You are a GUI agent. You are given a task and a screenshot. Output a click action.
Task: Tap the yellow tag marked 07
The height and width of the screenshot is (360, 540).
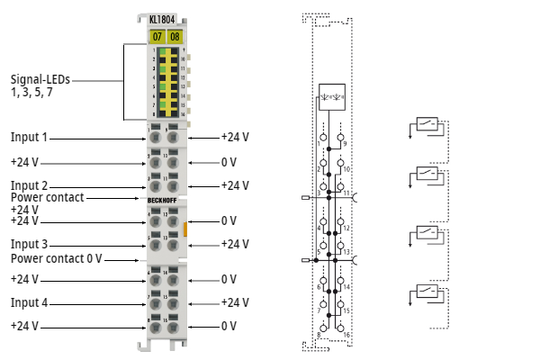pos(157,37)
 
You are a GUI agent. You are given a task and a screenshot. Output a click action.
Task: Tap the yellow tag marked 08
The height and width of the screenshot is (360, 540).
pos(175,37)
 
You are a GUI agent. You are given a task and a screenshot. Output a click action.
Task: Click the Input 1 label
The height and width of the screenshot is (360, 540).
pos(29,138)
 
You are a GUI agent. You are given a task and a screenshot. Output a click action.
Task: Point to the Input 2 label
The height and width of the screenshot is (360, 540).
pos(29,185)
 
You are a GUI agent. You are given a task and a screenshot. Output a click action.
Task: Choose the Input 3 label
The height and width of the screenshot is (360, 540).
pos(29,244)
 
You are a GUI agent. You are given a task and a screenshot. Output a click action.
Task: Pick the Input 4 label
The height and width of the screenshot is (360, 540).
pos(29,302)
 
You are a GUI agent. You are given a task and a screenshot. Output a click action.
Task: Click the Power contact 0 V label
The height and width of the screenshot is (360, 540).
pos(57,258)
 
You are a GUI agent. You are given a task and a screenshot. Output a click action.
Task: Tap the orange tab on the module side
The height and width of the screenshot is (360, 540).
pos(185,231)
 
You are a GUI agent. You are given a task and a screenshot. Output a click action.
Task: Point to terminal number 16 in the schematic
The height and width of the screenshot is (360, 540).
pos(346,335)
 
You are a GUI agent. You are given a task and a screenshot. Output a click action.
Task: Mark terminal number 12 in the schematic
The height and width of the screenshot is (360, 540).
pos(346,229)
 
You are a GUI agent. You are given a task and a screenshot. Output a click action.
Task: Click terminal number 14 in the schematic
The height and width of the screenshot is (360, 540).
pos(346,287)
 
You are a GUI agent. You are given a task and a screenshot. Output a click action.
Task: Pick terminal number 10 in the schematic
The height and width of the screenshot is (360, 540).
pos(346,169)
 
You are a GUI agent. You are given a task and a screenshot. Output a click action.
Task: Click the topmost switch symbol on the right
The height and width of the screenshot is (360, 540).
pos(428,124)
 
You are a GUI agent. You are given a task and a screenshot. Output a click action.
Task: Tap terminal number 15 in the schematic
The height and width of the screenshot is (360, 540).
pos(346,310)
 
